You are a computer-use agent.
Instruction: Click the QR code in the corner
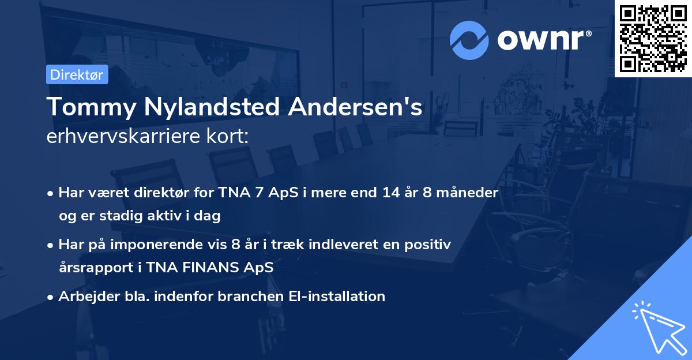coord(653,38)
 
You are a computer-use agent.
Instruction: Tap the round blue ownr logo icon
coord(469,40)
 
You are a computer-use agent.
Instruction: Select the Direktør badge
coord(77,74)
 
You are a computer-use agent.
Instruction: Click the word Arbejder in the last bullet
coord(82,296)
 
